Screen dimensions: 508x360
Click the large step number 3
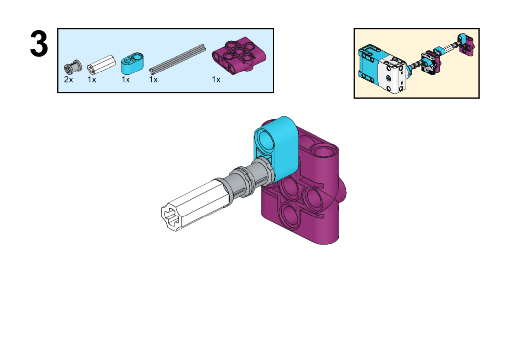click(39, 44)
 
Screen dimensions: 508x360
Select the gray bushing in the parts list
click(73, 67)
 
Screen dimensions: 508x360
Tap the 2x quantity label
click(68, 80)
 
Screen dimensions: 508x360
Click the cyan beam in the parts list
click(132, 64)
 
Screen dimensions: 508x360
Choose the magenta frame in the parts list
click(239, 55)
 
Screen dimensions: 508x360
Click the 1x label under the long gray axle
click(153, 80)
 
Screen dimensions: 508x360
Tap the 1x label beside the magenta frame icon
click(216, 80)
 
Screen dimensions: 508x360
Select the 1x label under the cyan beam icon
click(126, 80)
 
